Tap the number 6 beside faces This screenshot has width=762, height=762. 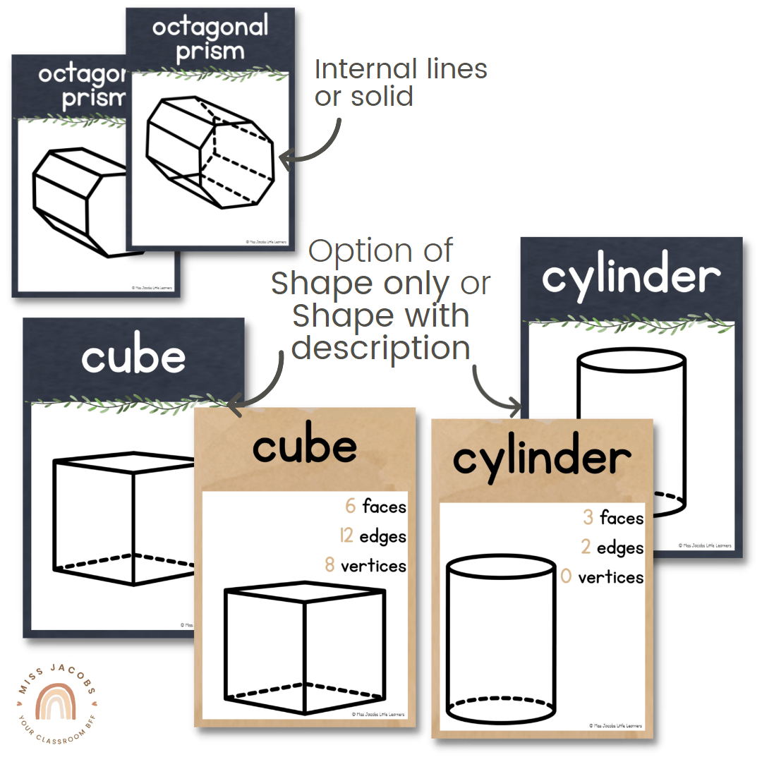click(x=350, y=506)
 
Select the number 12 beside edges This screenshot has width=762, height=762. click(x=346, y=536)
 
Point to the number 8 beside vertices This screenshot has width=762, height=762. click(x=329, y=566)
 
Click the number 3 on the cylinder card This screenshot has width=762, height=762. click(x=588, y=519)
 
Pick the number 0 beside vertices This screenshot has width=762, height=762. click(x=566, y=578)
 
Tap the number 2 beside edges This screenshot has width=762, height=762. click(x=586, y=548)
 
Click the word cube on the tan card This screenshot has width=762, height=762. click(x=305, y=447)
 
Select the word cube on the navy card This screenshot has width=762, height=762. click(x=133, y=358)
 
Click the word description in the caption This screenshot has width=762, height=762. click(x=381, y=347)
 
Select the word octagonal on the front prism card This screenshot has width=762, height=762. click(x=210, y=28)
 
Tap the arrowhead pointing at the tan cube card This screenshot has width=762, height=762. click(x=233, y=403)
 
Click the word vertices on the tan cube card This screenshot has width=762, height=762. click(x=373, y=566)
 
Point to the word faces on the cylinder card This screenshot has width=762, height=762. click(x=622, y=519)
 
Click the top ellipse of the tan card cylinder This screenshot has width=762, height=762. click(x=502, y=567)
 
